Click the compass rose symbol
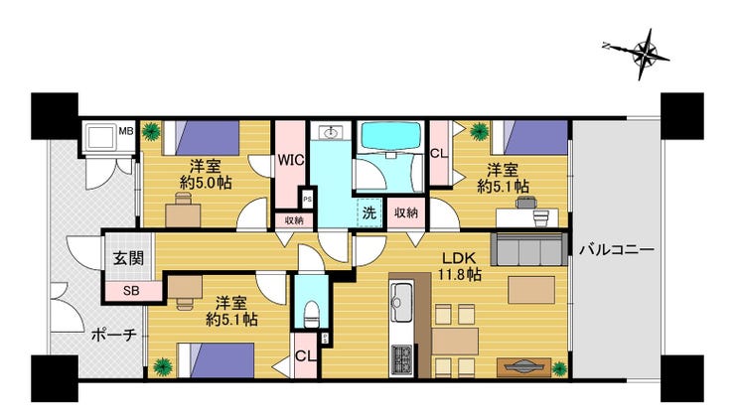[x=640, y=54]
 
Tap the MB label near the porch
[x=125, y=131]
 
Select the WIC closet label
[x=291, y=160]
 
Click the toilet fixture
[x=311, y=314]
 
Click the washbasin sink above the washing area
[x=330, y=132]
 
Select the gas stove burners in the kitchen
[x=401, y=359]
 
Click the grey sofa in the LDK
[x=528, y=249]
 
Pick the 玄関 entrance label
[x=128, y=258]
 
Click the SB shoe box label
[x=131, y=291]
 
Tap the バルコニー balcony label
[x=617, y=249]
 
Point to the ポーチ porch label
[x=114, y=335]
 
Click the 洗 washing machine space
[x=369, y=212]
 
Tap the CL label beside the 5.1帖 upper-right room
[x=439, y=154]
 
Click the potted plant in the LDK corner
[x=559, y=368]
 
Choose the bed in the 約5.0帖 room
[x=201, y=138]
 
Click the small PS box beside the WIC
[x=307, y=199]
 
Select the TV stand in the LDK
[x=523, y=367]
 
